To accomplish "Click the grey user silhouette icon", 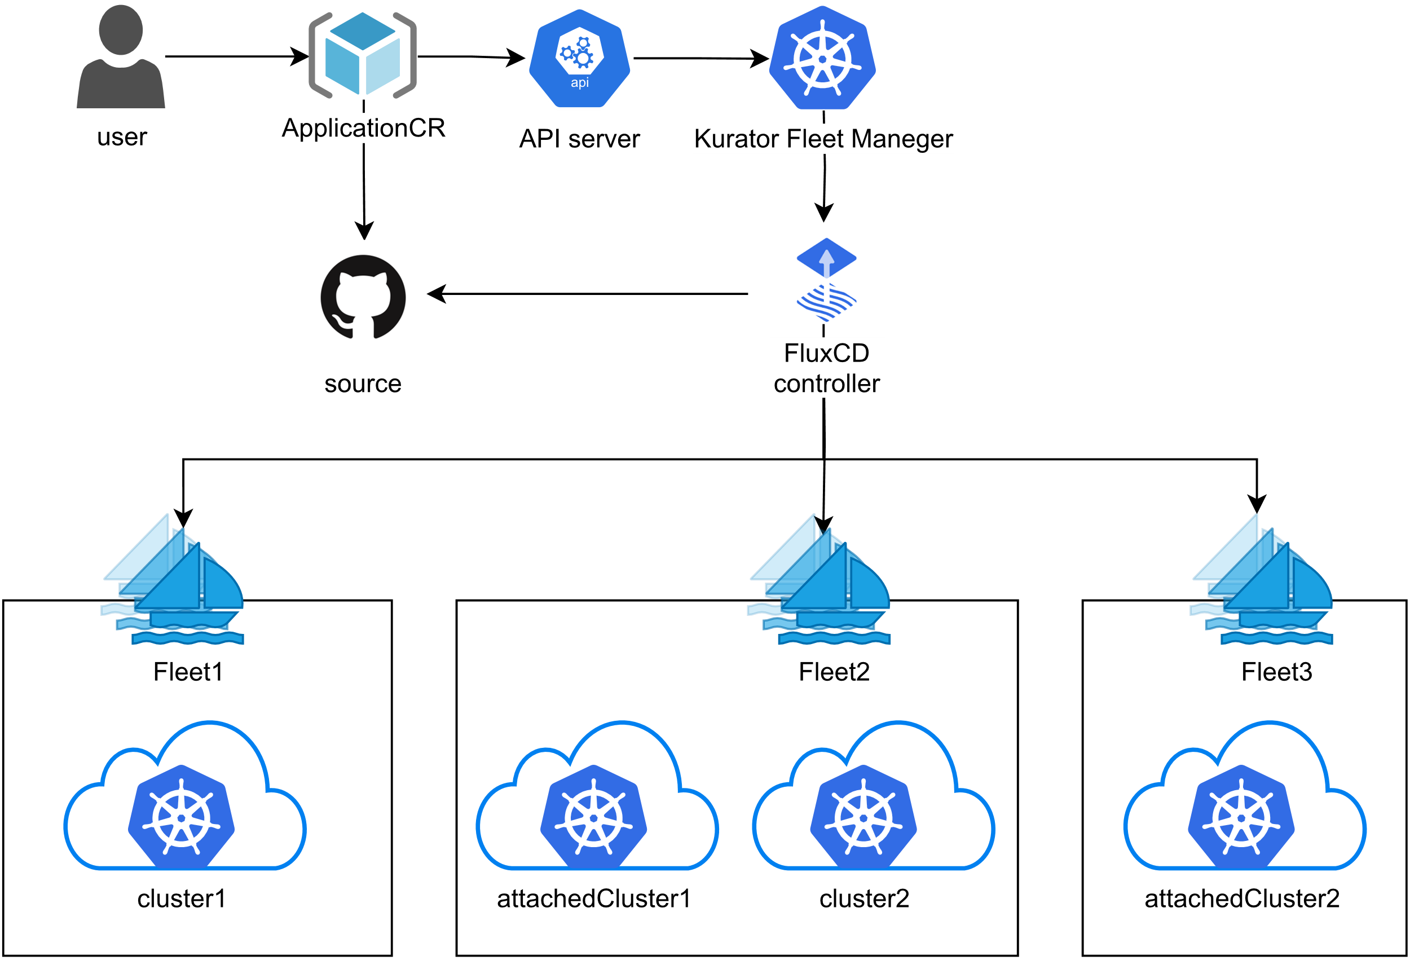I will [121, 58].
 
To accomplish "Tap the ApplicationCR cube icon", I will [362, 55].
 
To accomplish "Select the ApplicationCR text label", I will [363, 128].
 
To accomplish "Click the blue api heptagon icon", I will [579, 59].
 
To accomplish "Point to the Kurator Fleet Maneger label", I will [823, 139].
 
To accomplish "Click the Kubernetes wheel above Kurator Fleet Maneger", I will [822, 58].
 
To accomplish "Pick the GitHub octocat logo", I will [363, 297].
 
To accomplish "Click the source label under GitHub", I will [363, 384].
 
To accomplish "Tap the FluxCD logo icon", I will [826, 280].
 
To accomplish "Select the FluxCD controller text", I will [827, 368].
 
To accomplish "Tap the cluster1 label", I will [182, 898].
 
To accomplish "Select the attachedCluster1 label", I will [593, 898].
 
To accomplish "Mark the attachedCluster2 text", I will [1242, 898].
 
